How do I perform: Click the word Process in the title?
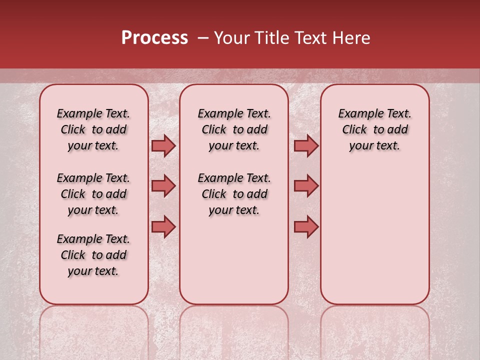154,38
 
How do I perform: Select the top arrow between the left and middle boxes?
163,145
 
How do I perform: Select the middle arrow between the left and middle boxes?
163,186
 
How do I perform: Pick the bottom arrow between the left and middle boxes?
163,226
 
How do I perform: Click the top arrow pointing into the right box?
306,145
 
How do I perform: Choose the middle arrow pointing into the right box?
306,186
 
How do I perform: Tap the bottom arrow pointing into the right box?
306,226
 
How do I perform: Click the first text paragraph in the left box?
93,129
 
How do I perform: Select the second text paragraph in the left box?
93,194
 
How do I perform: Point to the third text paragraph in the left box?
93,255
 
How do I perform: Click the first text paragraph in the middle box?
234,129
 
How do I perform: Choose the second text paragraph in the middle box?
234,194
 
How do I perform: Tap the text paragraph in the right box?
374,129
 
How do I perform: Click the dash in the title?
202,38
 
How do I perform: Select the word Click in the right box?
354,130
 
